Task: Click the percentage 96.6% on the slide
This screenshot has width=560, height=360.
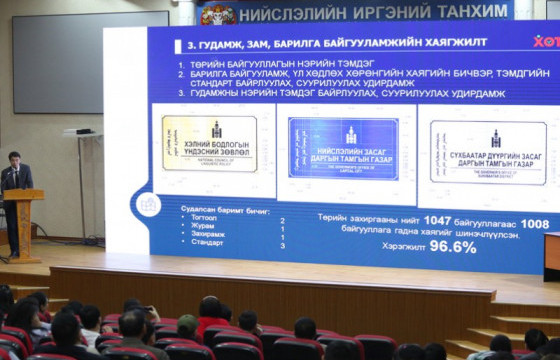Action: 452,246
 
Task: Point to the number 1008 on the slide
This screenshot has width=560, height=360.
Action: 534,223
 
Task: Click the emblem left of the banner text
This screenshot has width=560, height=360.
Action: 218,13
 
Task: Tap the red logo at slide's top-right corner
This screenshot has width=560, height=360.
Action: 546,42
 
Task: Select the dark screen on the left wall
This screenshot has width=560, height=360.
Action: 90,62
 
